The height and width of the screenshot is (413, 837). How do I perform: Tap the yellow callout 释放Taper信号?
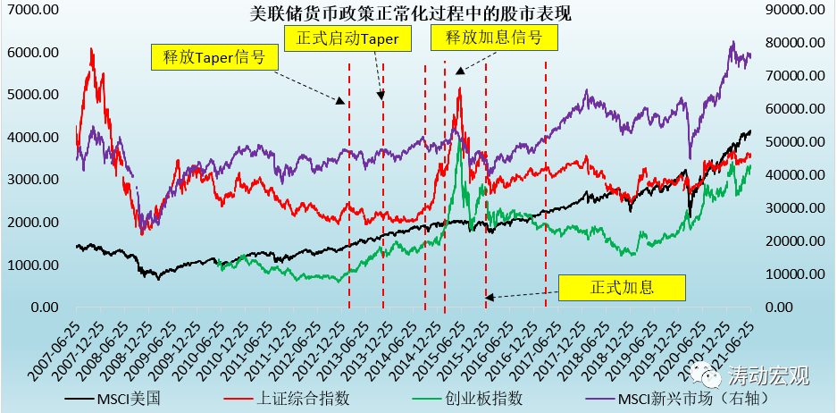click(x=214, y=56)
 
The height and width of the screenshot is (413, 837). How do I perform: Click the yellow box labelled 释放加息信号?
click(x=494, y=37)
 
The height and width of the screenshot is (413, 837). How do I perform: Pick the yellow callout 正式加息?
click(x=622, y=288)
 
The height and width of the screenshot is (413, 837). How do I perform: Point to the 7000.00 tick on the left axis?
click(x=32, y=11)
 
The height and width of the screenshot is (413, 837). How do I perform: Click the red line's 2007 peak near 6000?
click(x=91, y=49)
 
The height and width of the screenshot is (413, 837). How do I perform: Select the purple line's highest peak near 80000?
click(x=732, y=41)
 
